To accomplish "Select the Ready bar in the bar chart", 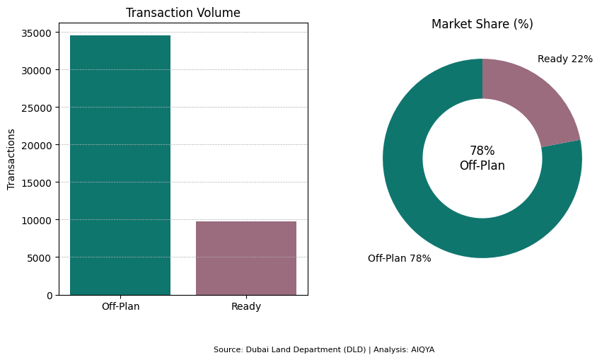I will click(246, 258).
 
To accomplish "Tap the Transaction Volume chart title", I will click(183, 13).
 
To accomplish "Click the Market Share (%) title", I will click(482, 24).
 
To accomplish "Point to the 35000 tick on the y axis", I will click(36, 33).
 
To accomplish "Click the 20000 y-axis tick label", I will click(36, 145).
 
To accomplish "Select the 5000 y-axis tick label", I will click(39, 257).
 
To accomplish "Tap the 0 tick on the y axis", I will click(49, 295).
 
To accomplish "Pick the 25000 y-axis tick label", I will click(36, 108).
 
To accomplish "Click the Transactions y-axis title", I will click(11, 159).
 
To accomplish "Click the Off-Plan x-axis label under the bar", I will click(120, 306).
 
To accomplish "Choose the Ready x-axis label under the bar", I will click(246, 306).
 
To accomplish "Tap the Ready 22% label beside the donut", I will click(564, 59).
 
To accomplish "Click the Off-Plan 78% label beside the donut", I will click(399, 258).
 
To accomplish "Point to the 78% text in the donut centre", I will click(482, 151).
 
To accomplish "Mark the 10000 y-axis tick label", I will click(36, 220).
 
